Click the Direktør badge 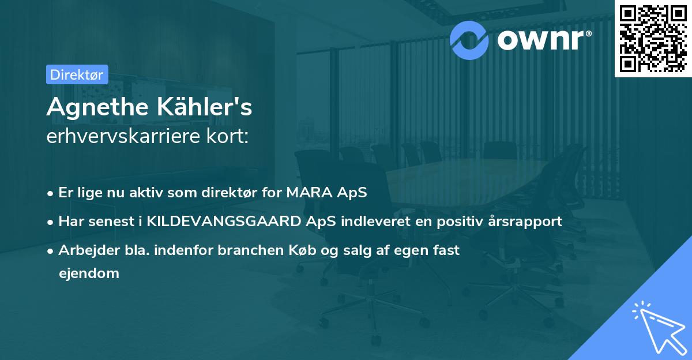point(77,74)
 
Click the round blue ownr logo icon point(470,39)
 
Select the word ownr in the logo point(541,40)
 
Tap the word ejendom point(89,273)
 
